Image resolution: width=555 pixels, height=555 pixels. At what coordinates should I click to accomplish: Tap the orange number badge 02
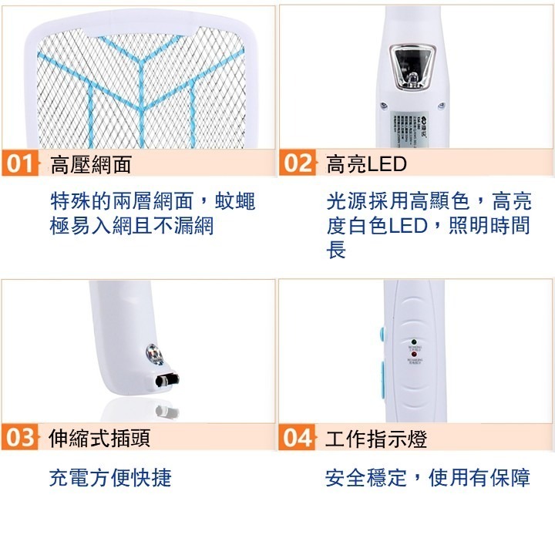pos(298,164)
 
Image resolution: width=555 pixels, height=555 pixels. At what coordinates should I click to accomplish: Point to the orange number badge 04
pos(298,438)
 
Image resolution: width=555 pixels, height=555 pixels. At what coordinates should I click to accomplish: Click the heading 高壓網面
pos(90,164)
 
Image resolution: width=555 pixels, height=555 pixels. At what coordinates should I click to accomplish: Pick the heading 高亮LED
pos(366,164)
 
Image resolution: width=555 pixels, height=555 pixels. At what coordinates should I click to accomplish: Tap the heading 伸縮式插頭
pos(99,439)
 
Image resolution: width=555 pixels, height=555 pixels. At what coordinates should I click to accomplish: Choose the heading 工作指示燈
pos(375,439)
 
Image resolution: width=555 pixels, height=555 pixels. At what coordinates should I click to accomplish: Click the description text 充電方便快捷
pos(109,478)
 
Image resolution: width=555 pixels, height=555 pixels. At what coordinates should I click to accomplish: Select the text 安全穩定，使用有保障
pos(427,478)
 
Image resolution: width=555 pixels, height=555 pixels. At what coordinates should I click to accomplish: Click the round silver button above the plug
pos(153,355)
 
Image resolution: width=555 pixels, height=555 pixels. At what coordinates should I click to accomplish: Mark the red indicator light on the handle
pos(415,355)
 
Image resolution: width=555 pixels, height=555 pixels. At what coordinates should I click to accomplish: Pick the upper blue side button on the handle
pos(382,335)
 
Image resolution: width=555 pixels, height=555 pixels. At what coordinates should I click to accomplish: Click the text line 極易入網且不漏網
pos(131,226)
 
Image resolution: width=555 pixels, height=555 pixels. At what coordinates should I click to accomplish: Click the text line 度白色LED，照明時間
pos(427,226)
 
